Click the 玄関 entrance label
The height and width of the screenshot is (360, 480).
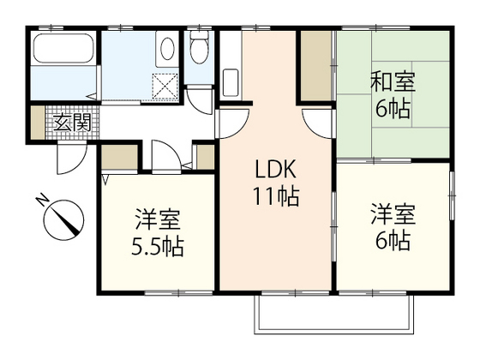pyautogui.click(x=72, y=122)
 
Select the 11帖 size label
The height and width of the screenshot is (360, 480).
pyautogui.click(x=275, y=196)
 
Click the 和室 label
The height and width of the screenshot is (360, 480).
pyautogui.click(x=393, y=83)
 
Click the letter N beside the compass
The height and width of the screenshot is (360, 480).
pyautogui.click(x=41, y=200)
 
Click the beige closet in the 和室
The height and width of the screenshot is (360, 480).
pyautogui.click(x=315, y=66)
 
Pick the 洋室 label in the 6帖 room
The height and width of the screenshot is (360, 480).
pyautogui.click(x=393, y=213)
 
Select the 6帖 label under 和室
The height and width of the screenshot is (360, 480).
pyautogui.click(x=393, y=110)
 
